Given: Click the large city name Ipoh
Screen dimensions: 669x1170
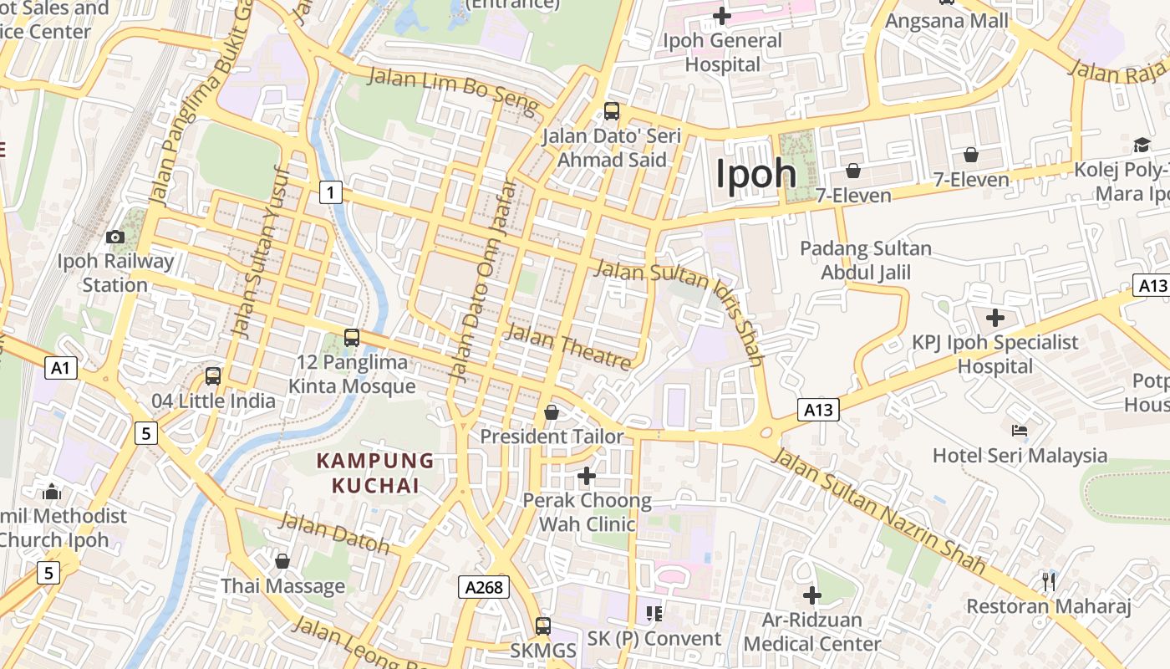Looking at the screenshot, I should [755, 173].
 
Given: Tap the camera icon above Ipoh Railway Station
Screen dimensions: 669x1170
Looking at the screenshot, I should [115, 237].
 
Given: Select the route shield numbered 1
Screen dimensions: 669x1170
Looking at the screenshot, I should [331, 193].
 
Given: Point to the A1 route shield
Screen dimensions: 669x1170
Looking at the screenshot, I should [60, 367].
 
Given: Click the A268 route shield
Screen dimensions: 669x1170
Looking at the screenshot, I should [484, 587].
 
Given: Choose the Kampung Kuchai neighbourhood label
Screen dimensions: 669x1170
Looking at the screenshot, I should [375, 472].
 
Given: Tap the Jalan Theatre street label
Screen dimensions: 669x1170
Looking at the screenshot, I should [568, 346].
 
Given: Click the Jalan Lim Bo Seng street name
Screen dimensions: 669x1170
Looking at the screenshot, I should [453, 90].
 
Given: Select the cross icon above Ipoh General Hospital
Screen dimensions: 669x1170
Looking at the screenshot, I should [722, 16].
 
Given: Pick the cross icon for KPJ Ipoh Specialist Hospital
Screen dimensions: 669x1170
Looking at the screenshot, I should [994, 318].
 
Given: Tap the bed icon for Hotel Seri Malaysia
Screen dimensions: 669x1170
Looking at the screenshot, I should [1020, 431].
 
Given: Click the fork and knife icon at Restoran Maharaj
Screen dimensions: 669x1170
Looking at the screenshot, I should [1049, 581].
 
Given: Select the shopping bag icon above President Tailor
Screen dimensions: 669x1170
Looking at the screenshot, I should [552, 412].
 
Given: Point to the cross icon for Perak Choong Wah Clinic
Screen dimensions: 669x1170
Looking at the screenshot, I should [587, 476].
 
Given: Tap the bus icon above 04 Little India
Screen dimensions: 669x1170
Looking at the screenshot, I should [213, 376].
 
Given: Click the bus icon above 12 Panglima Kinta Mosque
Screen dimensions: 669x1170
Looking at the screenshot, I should [352, 338].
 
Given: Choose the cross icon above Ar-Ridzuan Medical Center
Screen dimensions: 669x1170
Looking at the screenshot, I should [811, 595].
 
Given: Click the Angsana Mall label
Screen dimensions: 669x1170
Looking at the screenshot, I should [947, 20].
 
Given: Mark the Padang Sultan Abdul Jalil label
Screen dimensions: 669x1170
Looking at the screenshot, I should [866, 260].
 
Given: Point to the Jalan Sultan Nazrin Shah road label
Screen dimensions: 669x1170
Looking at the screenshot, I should [877, 510].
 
